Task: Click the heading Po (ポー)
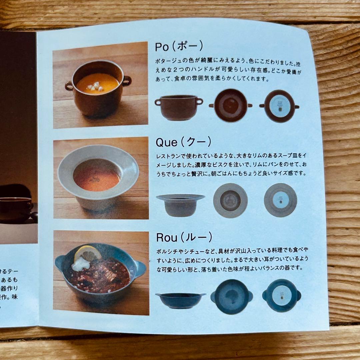pos(179,47)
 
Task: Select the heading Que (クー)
pos(183,142)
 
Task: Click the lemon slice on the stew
pos(88,254)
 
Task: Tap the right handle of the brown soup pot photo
pos(127,80)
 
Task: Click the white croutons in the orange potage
pos(95,86)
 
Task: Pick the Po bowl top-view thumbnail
pos(230,105)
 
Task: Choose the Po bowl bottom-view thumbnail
pos(280,106)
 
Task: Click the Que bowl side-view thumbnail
pos(180,204)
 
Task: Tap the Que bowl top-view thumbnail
pos(230,200)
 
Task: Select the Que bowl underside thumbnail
pos(280,200)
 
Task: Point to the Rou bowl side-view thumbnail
pos(180,300)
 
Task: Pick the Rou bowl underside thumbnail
pos(282,296)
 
